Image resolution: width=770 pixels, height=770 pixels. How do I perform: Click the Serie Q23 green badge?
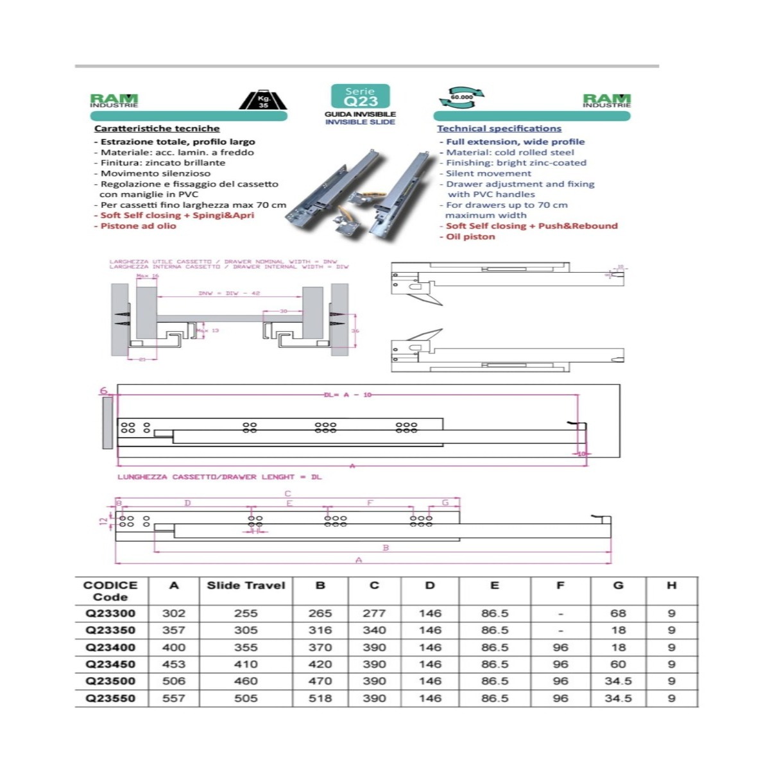[x=360, y=97]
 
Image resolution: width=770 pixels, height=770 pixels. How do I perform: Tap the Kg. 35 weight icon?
[x=263, y=100]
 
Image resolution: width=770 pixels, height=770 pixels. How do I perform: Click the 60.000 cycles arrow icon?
[x=461, y=98]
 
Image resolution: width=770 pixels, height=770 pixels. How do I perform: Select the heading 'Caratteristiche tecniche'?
[x=157, y=128]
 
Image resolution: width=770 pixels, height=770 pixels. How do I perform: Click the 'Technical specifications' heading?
[x=499, y=128]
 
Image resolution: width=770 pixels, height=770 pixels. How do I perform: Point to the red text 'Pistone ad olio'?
[x=138, y=226]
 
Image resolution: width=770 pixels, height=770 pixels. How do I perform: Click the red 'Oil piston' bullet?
[x=470, y=236]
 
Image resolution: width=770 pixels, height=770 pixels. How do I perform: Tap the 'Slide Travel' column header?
[x=246, y=585]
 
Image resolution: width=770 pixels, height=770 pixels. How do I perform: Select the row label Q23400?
[x=110, y=647]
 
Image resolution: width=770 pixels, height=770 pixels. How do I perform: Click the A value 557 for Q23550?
[x=173, y=698]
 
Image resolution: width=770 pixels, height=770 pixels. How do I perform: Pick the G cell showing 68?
[x=618, y=613]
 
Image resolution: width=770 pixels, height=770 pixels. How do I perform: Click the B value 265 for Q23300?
[x=320, y=613]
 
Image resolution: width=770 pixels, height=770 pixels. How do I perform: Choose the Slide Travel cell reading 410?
[x=246, y=664]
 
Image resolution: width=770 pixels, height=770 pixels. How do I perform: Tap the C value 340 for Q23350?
[x=374, y=630]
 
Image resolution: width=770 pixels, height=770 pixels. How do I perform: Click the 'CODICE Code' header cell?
[x=110, y=591]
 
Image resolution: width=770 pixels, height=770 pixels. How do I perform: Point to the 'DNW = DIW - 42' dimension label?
[x=229, y=293]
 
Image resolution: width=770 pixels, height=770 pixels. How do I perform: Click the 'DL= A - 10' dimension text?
[x=348, y=395]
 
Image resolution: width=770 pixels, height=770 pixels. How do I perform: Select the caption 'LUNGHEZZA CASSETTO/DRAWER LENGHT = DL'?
[x=219, y=477]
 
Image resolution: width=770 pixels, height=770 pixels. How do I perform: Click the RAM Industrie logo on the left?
[x=114, y=101]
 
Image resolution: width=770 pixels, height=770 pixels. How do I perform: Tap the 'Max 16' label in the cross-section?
[x=147, y=276]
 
